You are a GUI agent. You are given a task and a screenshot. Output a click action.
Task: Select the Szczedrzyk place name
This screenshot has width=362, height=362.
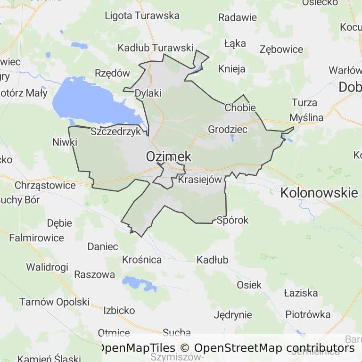point(115,132)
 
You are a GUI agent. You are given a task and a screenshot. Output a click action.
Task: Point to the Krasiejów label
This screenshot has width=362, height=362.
point(200,180)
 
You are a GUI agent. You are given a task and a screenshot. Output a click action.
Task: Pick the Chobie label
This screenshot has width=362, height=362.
point(240,107)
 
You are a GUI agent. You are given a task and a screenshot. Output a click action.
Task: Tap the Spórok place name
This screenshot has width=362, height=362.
point(232,220)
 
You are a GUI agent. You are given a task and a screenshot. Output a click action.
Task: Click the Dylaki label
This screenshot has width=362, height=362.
point(148,93)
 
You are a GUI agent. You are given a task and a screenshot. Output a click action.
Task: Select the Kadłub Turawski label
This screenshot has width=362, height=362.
point(156,48)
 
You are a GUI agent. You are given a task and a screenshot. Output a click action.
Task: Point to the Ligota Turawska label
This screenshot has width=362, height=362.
point(142,16)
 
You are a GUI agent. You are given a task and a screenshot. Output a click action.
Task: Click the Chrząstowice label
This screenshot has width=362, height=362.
point(45,185)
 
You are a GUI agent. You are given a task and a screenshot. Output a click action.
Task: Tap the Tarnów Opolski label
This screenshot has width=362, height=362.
point(54,302)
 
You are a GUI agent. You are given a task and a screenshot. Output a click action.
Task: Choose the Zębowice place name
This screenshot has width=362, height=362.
point(281,49)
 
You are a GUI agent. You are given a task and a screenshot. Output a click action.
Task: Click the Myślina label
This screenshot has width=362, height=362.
point(306,117)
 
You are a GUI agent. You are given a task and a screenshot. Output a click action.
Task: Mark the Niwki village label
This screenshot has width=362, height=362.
point(65,141)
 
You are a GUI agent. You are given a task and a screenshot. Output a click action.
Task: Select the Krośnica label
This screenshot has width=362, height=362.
point(142,259)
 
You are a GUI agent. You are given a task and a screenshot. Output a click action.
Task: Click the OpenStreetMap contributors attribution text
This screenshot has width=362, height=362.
point(274,348)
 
